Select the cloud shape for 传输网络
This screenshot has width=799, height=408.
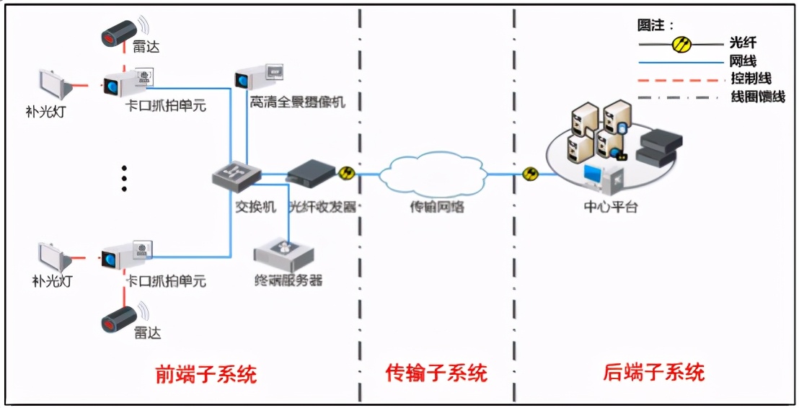click(436, 174)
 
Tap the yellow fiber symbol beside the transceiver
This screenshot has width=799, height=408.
click(347, 174)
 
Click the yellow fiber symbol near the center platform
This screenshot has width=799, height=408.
click(531, 174)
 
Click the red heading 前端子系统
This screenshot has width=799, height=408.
click(206, 374)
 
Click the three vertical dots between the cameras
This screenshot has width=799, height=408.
click(124, 177)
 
